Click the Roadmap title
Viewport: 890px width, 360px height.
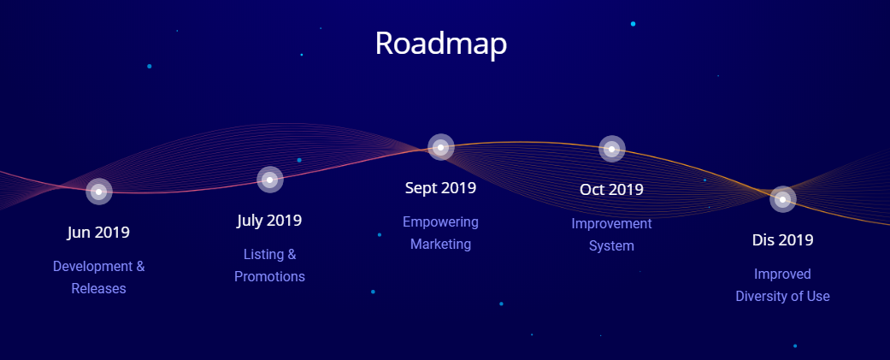pos(440,44)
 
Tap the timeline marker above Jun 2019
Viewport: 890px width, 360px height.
pos(99,192)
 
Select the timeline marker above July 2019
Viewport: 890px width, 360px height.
pos(269,180)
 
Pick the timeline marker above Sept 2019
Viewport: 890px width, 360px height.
pos(440,148)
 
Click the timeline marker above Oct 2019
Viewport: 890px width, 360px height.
pos(611,150)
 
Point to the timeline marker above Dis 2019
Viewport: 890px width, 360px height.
pos(783,199)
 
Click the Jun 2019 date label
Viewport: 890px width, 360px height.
pos(99,233)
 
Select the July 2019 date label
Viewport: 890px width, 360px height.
pos(269,221)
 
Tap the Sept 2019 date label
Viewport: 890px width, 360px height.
pos(440,188)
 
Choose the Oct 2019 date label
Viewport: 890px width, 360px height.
pos(611,190)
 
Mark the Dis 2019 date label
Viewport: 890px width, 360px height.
pos(783,240)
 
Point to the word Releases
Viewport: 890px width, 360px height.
pos(99,288)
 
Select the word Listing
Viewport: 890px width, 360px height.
pos(262,254)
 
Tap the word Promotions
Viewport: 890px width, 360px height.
pos(269,276)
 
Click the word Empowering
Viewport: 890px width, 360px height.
pos(440,222)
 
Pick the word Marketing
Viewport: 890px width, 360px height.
pos(440,245)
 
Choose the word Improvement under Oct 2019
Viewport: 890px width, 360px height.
pos(611,224)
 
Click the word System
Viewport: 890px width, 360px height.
pos(611,246)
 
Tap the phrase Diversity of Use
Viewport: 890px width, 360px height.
pos(783,297)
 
